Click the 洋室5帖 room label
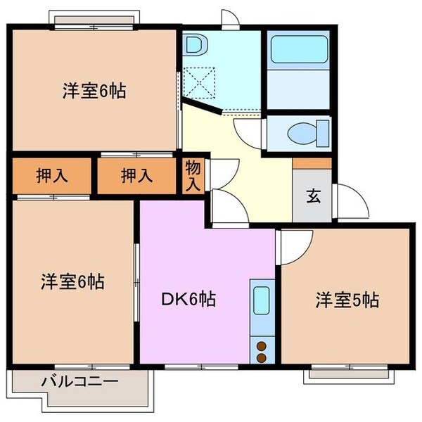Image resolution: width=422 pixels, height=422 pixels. click(346, 300)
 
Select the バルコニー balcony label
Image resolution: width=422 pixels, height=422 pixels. click(78, 383)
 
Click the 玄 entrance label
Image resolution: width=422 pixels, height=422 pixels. click(312, 196)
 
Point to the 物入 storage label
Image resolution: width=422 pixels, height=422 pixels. click(193, 176)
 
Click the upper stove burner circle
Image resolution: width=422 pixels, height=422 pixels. click(262, 345)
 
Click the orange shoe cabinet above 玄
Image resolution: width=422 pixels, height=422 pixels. click(312, 163)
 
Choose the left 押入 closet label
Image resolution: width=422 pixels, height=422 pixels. click(52, 176)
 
